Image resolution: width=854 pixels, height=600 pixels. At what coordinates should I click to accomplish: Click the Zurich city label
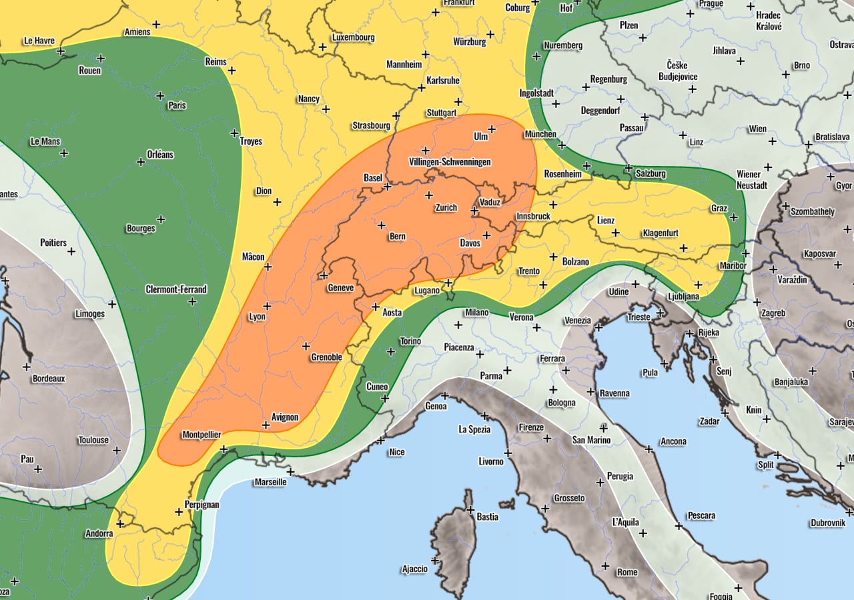pyautogui.click(x=446, y=207)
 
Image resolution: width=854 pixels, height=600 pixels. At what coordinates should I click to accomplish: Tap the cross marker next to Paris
pyautogui.click(x=160, y=95)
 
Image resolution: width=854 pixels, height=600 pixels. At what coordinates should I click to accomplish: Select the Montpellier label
pyautogui.click(x=201, y=434)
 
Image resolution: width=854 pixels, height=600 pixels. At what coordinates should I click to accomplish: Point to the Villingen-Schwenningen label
pyautogui.click(x=449, y=162)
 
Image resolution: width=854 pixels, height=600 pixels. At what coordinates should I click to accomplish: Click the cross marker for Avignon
pyautogui.click(x=266, y=424)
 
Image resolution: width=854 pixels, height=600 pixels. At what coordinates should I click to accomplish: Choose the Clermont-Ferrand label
pyautogui.click(x=176, y=289)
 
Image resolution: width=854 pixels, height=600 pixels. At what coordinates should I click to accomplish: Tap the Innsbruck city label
pyautogui.click(x=533, y=217)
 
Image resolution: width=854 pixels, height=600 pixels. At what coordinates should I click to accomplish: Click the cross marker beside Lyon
pyautogui.click(x=266, y=305)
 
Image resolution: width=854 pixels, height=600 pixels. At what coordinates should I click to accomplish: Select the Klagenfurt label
pyautogui.click(x=660, y=233)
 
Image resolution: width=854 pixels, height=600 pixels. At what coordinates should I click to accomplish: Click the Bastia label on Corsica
pyautogui.click(x=487, y=516)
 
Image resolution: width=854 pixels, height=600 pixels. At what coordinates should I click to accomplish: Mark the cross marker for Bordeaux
pyautogui.click(x=27, y=367)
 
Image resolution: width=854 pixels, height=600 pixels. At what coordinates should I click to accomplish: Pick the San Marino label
pyautogui.click(x=591, y=439)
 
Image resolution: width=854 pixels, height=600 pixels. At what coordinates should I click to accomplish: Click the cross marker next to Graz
pyautogui.click(x=734, y=217)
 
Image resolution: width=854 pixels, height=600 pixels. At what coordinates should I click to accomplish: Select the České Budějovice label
pyautogui.click(x=682, y=71)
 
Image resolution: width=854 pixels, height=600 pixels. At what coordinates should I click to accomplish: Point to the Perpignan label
pyautogui.click(x=201, y=504)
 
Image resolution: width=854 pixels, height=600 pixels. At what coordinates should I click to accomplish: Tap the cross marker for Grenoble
pyautogui.click(x=306, y=345)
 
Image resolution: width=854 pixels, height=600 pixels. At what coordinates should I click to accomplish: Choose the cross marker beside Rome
pyautogui.click(x=604, y=565)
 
